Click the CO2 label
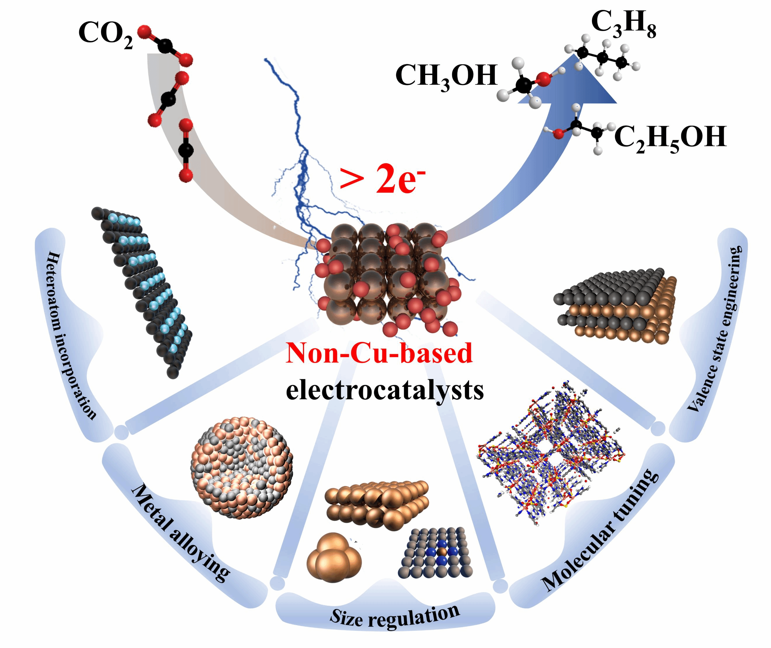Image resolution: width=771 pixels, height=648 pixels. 105,34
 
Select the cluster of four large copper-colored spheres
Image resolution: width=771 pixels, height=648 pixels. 334,558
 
